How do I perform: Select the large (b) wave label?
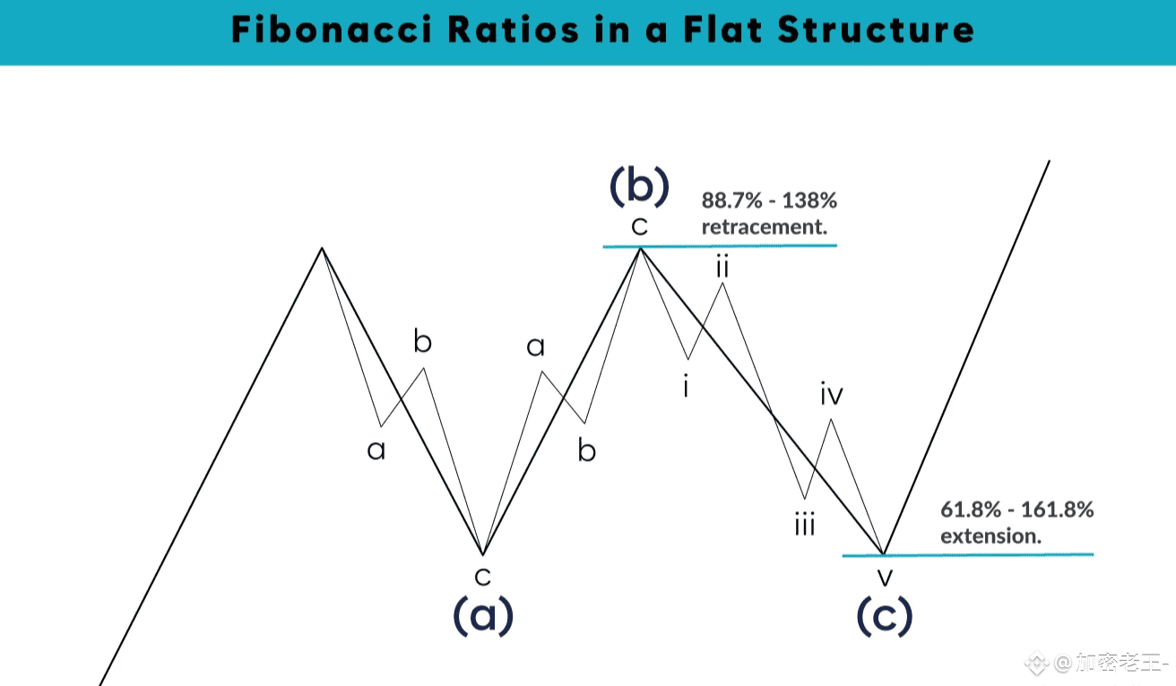[x=639, y=186]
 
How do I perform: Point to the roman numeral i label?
[x=686, y=387]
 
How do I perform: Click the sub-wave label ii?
[x=722, y=266]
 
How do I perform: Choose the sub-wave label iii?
[x=804, y=525]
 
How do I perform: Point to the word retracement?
[x=763, y=227]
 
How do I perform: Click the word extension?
[x=990, y=536]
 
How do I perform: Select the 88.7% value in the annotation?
[x=731, y=200]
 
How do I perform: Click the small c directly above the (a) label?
[x=483, y=575]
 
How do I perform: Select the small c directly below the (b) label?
[x=639, y=226]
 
